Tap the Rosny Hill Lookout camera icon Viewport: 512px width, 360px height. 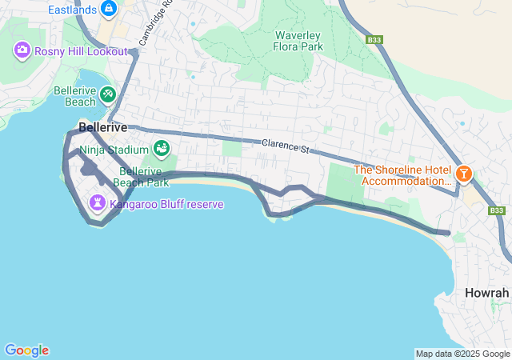[x=22, y=51]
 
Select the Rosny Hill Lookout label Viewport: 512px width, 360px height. [x=80, y=51]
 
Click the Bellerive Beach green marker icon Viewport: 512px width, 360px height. [x=108, y=97]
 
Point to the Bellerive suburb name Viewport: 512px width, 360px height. [x=102, y=127]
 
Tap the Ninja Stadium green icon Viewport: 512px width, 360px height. [x=162, y=149]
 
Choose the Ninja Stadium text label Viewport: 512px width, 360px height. [x=114, y=149]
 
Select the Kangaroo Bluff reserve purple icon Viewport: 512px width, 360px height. [x=98, y=204]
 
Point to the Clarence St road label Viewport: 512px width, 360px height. [x=285, y=146]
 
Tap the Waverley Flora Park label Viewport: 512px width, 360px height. [x=298, y=41]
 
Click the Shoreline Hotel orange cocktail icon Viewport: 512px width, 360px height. [x=462, y=174]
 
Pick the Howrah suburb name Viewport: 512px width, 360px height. [x=487, y=293]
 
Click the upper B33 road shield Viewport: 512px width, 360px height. [x=375, y=39]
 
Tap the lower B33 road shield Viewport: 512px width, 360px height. [x=497, y=210]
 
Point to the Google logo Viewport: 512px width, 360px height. [x=26, y=350]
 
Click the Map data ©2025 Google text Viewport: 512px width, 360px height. [x=462, y=354]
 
